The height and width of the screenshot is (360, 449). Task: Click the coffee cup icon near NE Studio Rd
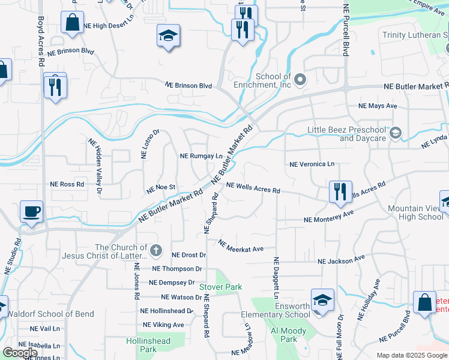point(31,212)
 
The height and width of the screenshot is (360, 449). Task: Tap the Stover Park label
point(220,287)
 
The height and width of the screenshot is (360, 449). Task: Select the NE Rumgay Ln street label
point(201,156)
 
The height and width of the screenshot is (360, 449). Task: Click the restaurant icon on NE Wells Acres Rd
point(340,192)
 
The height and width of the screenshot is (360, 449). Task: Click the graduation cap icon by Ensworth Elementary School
point(322,299)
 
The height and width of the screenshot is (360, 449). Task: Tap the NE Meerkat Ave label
point(241,245)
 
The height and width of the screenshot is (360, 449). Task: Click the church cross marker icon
point(155,250)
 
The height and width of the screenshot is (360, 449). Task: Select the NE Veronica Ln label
point(312,164)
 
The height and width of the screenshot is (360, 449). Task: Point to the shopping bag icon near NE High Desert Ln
point(72,23)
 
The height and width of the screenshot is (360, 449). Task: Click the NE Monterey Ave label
point(328,217)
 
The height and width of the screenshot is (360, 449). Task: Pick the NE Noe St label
point(161,189)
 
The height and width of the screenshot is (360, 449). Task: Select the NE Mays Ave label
point(378,106)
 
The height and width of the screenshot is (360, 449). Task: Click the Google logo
point(20,353)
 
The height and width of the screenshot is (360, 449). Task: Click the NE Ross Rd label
point(67,184)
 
